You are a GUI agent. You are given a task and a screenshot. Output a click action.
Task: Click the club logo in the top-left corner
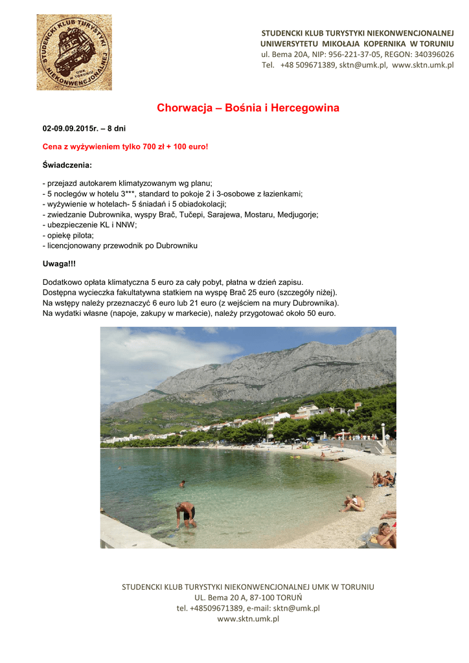coord(74,52)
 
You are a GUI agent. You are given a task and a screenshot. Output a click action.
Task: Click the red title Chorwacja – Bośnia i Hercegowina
coord(248,108)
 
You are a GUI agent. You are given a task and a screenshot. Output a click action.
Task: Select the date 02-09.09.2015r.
coord(71,129)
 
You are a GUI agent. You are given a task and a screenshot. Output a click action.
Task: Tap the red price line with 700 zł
coord(126,147)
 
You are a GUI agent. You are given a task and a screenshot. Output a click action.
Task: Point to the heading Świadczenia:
coord(67,165)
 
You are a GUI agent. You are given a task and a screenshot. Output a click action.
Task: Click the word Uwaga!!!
coord(59,264)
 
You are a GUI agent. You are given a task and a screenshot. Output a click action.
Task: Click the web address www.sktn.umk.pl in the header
coord(422,65)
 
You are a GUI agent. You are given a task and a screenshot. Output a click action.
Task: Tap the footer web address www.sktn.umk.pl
coord(248,619)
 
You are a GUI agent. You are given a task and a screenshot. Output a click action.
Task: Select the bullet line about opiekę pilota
coord(68,235)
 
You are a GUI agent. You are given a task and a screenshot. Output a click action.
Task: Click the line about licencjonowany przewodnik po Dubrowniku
coord(120,245)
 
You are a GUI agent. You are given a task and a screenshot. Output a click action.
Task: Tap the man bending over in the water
coord(186,514)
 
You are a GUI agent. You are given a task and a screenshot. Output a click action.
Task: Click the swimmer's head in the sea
coord(183,482)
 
